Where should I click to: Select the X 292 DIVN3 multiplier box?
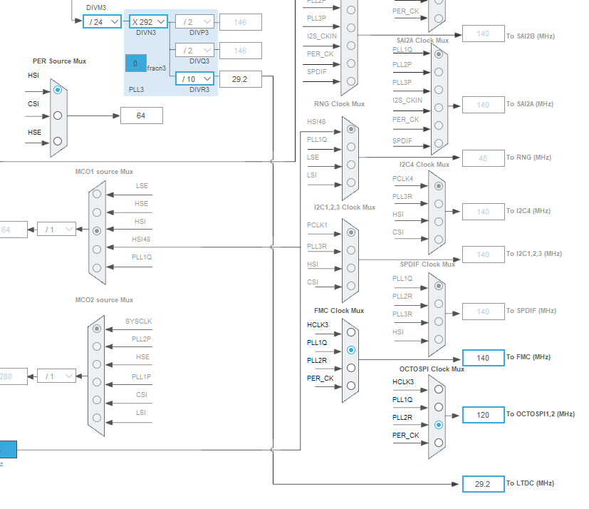148,22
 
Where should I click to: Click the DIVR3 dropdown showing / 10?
194,78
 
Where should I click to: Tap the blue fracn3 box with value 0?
136,63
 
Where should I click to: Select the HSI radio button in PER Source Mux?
58,90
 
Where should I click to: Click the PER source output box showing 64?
141,115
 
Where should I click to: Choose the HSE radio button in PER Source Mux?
58,140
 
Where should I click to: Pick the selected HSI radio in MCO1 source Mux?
97,231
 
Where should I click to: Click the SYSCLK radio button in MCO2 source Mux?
97,329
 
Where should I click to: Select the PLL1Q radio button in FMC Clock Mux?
350,350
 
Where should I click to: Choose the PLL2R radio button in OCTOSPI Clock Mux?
438,424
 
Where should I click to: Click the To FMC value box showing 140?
483,358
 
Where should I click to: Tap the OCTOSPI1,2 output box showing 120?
483,414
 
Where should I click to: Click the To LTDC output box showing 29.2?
483,483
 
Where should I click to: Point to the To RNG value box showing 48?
483,158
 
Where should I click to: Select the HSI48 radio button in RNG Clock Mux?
350,129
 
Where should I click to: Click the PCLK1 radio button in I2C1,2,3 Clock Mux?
350,232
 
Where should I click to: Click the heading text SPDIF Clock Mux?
427,264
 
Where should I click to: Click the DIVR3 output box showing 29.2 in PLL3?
240,79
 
